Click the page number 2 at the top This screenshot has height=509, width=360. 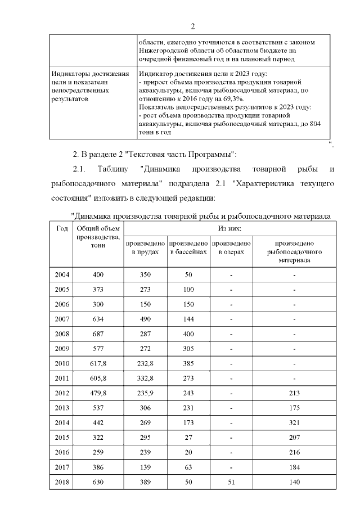(x=192, y=26)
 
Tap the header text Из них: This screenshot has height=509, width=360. (x=229, y=228)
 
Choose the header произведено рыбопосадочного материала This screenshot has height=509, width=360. (x=294, y=251)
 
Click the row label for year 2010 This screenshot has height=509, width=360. (x=62, y=363)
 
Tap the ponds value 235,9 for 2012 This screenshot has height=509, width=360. (x=145, y=393)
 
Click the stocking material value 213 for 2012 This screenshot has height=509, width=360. (x=294, y=393)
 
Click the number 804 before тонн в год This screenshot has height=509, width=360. (x=314, y=123)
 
